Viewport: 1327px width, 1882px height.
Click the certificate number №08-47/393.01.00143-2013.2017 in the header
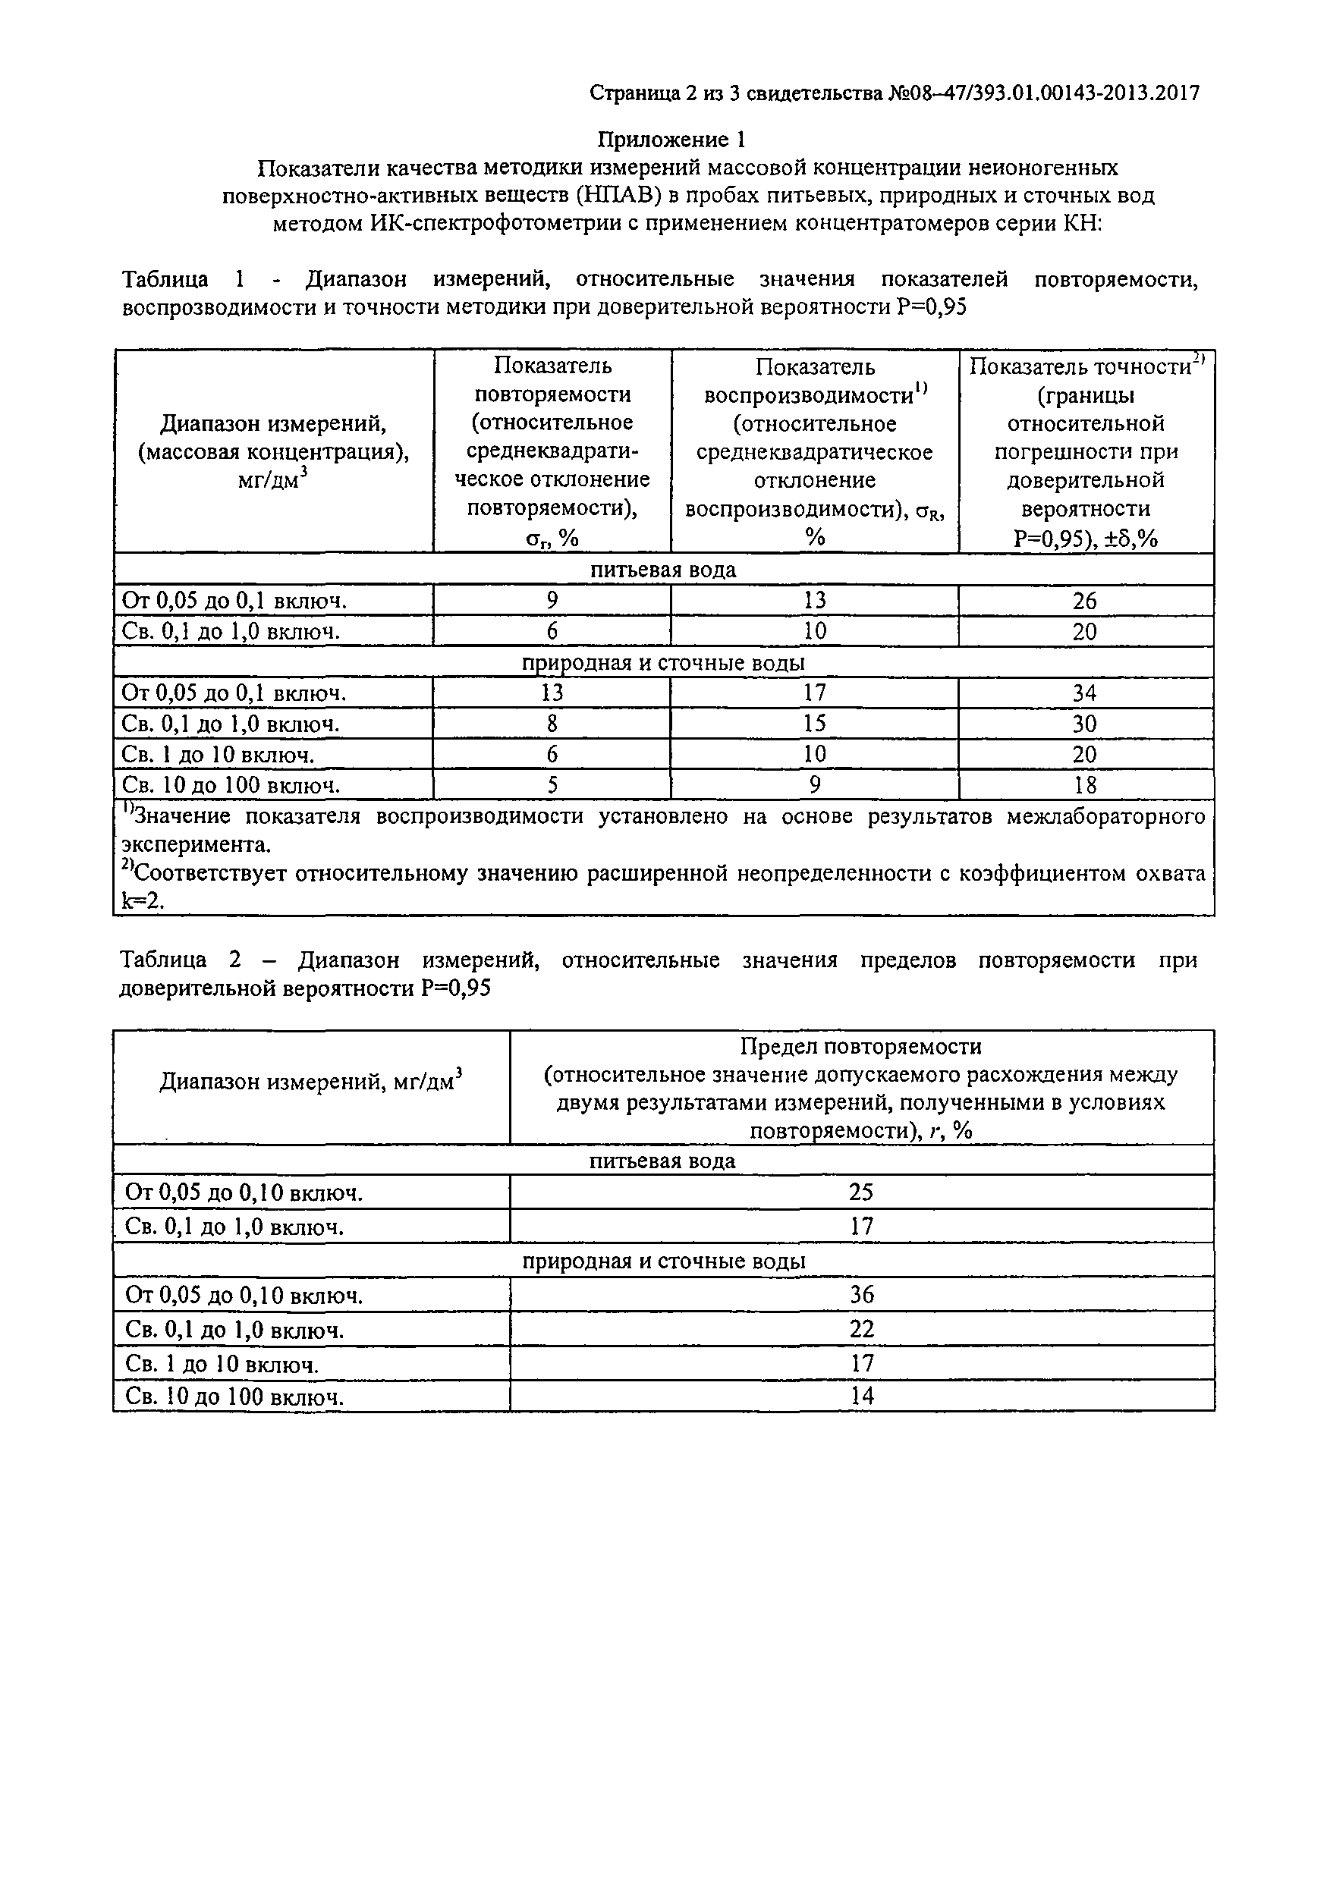click(x=1042, y=93)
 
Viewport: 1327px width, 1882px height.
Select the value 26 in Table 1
click(x=1084, y=601)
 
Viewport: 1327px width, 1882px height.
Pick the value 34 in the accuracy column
click(x=1084, y=693)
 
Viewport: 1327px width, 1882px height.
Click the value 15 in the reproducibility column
click(x=815, y=723)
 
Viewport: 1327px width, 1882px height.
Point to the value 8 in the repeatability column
click(x=552, y=723)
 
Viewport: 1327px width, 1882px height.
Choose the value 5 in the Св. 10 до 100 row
click(x=552, y=785)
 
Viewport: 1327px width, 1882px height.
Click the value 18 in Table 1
click(x=1084, y=785)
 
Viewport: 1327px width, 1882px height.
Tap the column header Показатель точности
click(x=1080, y=367)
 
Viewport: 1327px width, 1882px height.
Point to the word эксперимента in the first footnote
click(x=196, y=845)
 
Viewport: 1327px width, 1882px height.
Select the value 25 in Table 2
click(x=860, y=1192)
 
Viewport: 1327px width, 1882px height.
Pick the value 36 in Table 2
click(x=861, y=1294)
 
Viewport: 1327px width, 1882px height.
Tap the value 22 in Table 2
click(x=861, y=1329)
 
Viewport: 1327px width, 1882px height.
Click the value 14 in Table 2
click(x=861, y=1396)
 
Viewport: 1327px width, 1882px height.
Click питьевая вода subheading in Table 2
click(x=662, y=1161)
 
